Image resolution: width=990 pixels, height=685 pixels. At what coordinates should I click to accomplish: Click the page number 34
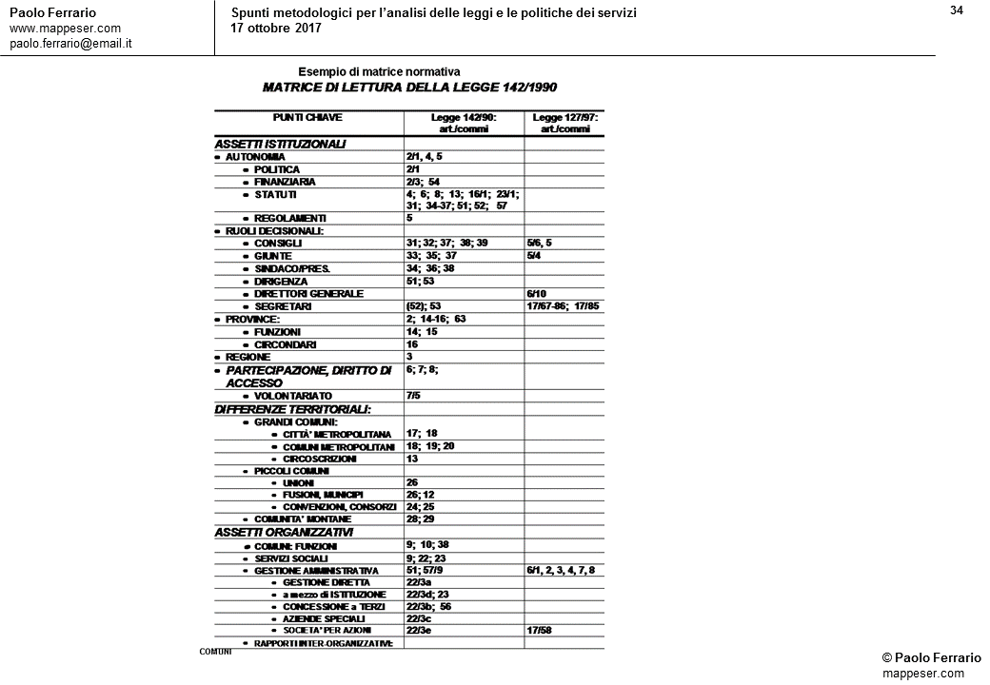tap(957, 10)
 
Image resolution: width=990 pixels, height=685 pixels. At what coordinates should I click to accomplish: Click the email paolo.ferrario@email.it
tap(70, 44)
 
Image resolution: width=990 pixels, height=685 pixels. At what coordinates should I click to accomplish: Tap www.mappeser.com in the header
tap(65, 29)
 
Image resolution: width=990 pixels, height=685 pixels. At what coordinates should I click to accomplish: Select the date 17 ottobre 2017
tap(276, 28)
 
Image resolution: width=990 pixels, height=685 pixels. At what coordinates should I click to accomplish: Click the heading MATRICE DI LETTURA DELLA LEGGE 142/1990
tap(409, 88)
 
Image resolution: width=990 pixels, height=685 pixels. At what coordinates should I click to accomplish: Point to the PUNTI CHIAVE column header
tap(307, 118)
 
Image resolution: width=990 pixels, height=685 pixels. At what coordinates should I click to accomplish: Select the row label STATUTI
tap(275, 194)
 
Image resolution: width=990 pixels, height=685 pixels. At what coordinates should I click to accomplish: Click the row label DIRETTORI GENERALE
tap(308, 294)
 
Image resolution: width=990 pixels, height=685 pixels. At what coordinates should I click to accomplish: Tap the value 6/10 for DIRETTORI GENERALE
tap(538, 294)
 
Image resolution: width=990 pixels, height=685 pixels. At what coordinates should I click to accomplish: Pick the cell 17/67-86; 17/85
tap(563, 306)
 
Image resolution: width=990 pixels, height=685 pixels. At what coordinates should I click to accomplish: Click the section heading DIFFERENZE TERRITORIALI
tap(292, 409)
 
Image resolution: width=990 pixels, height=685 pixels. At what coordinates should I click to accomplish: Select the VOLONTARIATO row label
tap(293, 395)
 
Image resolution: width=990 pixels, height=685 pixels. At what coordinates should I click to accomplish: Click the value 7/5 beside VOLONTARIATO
tap(413, 395)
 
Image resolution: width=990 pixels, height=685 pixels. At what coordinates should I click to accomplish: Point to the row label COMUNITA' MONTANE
tap(303, 519)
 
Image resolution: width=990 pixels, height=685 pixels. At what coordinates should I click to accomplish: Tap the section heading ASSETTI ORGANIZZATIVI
tap(284, 533)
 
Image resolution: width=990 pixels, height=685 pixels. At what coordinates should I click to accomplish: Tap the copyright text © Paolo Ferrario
tap(931, 658)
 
